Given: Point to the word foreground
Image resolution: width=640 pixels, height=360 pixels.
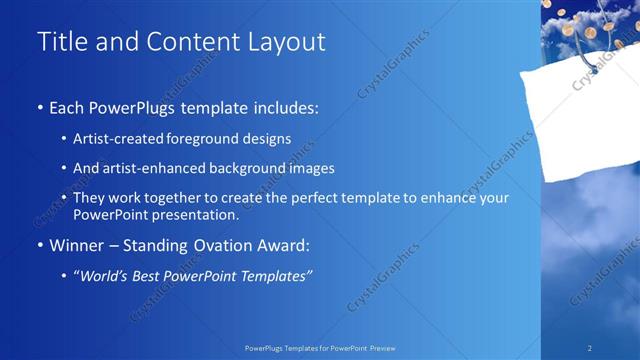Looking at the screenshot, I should pyautogui.click(x=205, y=139).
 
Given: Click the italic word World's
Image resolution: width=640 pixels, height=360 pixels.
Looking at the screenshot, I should pyautogui.click(x=104, y=276).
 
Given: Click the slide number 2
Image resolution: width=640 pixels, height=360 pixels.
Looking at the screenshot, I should pyautogui.click(x=590, y=348).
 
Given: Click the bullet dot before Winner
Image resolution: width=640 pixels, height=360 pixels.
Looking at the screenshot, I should pyautogui.click(x=39, y=244).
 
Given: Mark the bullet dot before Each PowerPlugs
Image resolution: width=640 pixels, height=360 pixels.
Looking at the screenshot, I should pyautogui.click(x=39, y=106).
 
